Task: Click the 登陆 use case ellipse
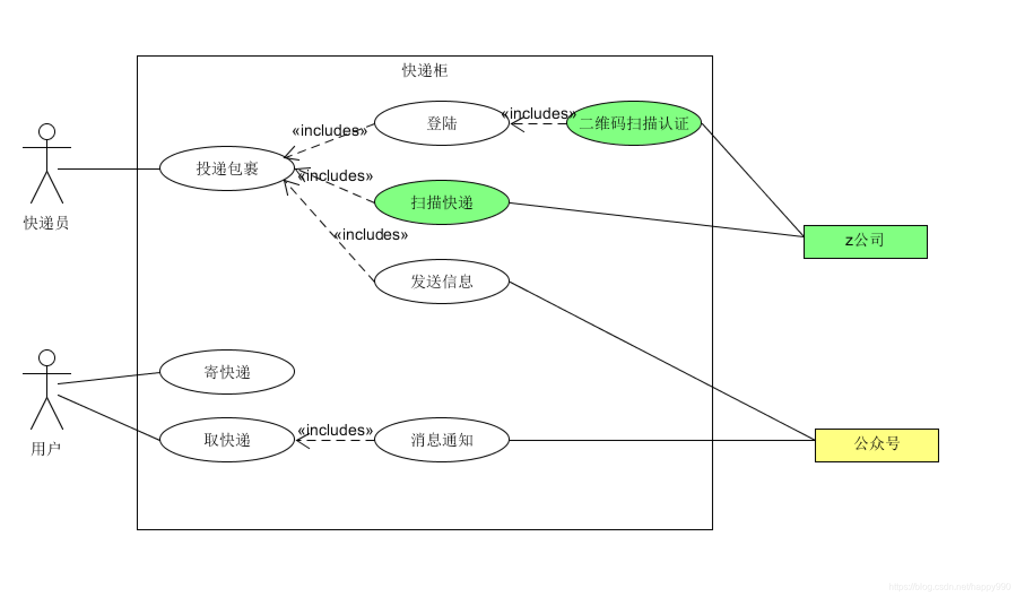coord(441,123)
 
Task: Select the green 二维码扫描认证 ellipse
coord(633,123)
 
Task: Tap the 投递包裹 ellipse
coord(227,168)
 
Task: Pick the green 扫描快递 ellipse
coord(441,202)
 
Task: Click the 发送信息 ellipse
coord(441,282)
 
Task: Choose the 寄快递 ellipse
coord(227,372)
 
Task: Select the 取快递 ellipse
coord(227,440)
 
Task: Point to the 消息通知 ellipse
coord(441,440)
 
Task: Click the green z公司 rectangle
coord(865,242)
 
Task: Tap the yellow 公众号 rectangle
coord(876,445)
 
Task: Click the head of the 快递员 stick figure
coord(47,132)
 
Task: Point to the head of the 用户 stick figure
coord(47,358)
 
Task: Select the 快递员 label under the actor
coord(46,223)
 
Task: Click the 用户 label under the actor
coord(46,449)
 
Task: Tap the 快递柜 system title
coord(425,70)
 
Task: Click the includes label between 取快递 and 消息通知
coord(335,430)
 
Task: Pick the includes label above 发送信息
coord(371,235)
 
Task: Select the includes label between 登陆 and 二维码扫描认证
coord(539,114)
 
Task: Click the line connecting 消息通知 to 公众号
coord(661,440)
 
